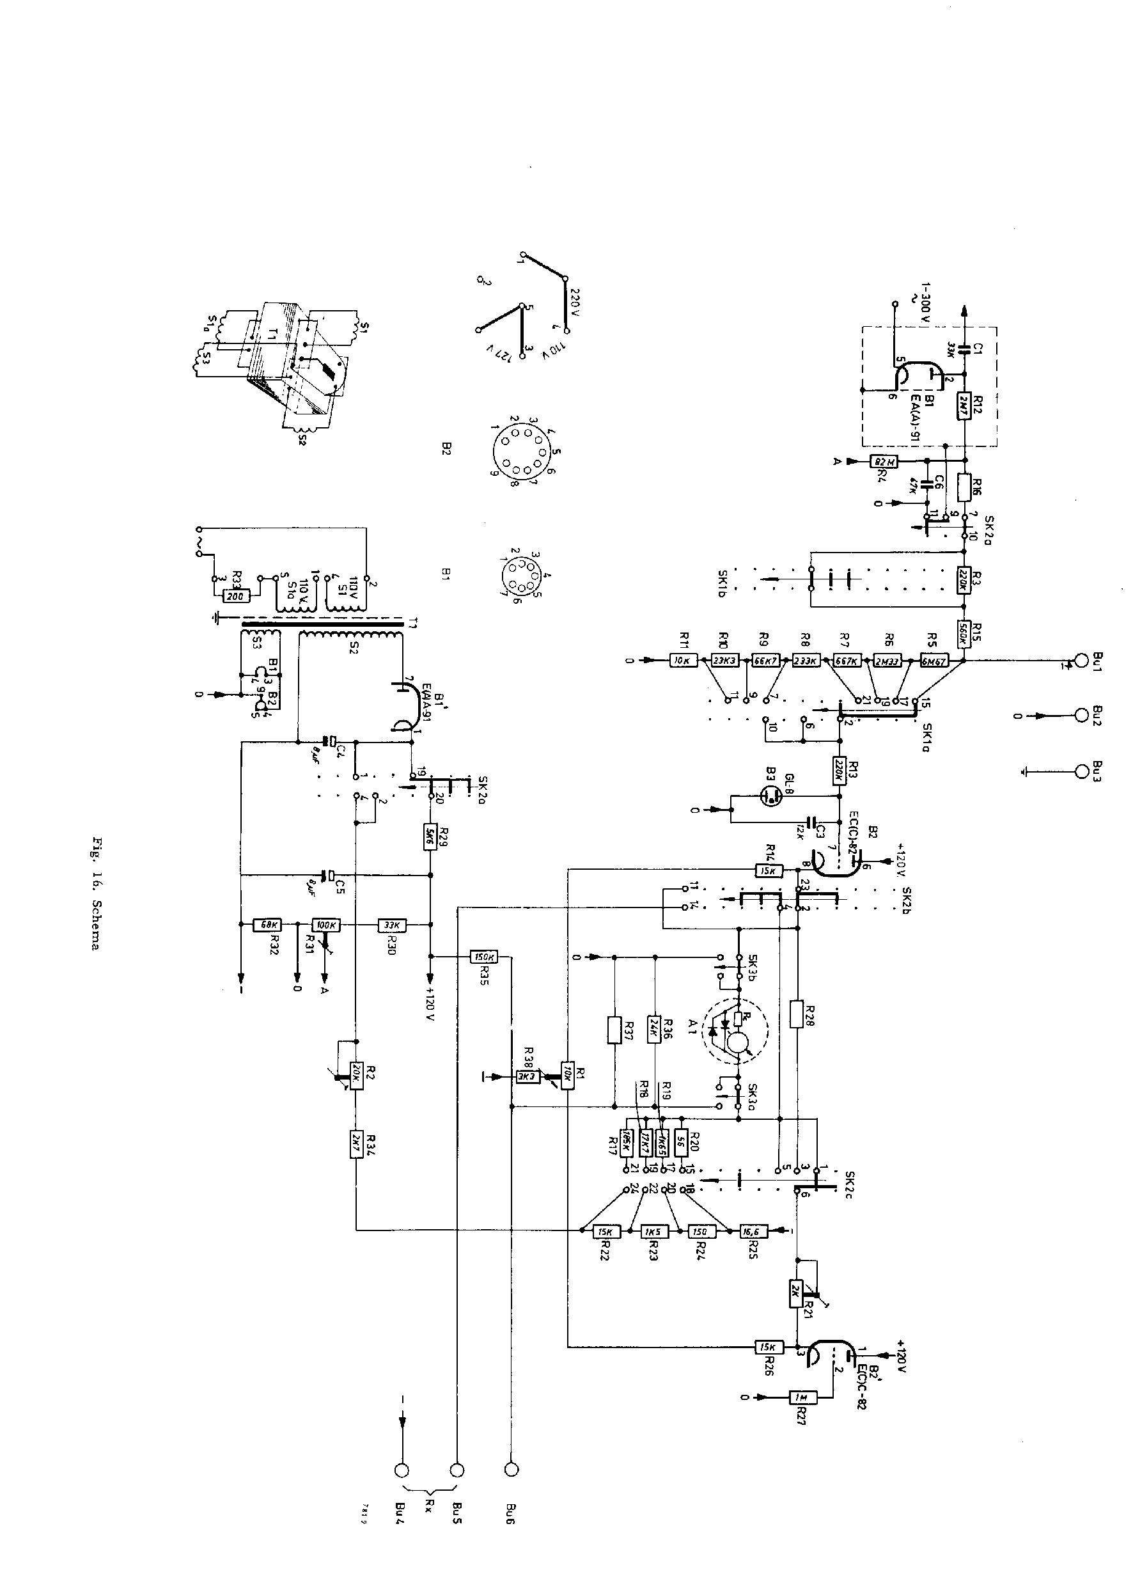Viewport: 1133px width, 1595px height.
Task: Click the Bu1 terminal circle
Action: pos(1081,659)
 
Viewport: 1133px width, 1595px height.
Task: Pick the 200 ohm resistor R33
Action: pos(235,597)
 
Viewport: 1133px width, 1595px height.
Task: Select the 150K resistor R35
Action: pos(484,957)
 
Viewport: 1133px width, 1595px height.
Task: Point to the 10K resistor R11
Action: pos(683,661)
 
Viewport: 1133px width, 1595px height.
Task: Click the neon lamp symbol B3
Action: pos(770,796)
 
